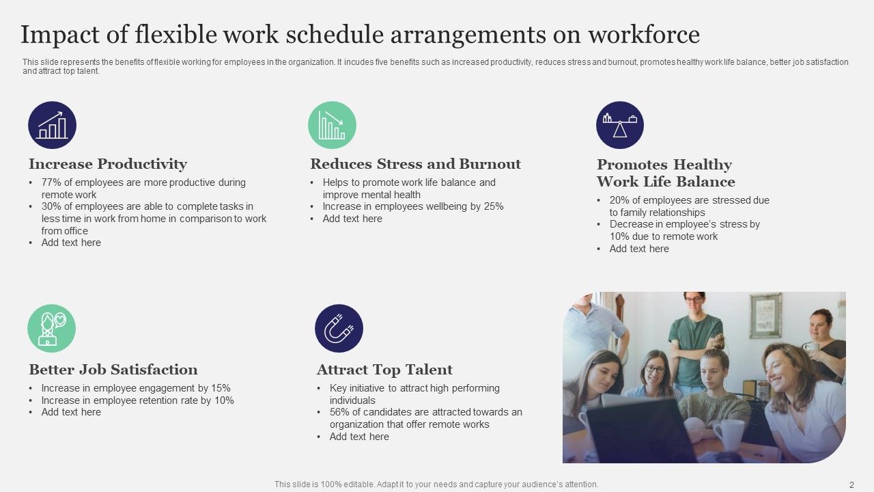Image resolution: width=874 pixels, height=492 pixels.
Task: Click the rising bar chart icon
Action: [52, 125]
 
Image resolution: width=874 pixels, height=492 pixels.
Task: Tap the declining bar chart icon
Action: [332, 125]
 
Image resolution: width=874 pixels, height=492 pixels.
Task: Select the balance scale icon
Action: [619, 125]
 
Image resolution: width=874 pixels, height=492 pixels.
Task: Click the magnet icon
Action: [339, 329]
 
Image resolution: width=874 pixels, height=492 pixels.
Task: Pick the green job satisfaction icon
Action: [51, 329]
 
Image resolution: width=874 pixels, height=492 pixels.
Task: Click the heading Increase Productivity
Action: [107, 164]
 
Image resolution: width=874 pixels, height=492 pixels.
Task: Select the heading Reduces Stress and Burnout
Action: [415, 164]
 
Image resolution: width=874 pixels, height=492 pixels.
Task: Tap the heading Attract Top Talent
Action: [384, 370]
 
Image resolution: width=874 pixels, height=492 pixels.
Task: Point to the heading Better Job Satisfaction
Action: [113, 370]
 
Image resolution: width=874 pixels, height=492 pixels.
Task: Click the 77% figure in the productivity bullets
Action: [51, 182]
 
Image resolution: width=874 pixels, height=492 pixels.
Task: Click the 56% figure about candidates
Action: [340, 412]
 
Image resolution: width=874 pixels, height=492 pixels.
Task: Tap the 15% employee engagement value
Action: [221, 388]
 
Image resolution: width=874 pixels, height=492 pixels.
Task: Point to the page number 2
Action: [851, 484]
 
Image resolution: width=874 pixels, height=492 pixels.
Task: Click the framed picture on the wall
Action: [765, 316]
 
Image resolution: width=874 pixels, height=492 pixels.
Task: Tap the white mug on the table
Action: [728, 435]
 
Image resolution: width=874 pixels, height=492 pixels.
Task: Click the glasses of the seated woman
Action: [654, 370]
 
